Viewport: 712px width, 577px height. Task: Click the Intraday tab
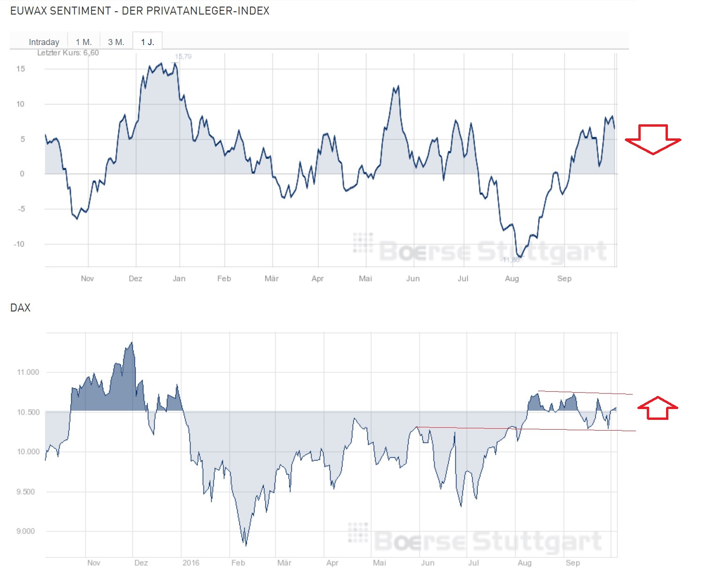44,42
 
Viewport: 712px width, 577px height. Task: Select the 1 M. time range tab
84,42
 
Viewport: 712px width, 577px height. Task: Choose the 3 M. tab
116,42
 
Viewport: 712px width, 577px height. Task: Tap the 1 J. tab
147,42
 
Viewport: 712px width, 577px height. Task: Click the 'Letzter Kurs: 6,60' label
68,53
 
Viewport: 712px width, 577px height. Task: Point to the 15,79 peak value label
183,57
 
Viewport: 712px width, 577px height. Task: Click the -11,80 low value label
510,260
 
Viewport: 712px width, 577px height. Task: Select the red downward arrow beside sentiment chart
653,139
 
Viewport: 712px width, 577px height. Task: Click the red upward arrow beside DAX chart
658,408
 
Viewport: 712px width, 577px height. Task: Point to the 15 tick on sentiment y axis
21,69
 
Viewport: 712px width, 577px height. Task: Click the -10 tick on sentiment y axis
19,244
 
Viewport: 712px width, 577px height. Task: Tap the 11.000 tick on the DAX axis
28,372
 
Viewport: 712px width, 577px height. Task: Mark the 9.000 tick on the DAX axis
26,531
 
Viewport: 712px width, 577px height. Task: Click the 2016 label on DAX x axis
191,563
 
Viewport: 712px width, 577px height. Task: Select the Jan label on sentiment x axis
179,279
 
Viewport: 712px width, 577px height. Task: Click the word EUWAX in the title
29,11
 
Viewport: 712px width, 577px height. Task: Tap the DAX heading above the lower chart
21,308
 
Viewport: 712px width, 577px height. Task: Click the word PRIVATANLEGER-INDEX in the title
196,11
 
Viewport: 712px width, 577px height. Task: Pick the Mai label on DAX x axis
379,563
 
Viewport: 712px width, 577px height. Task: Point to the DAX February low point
246,545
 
